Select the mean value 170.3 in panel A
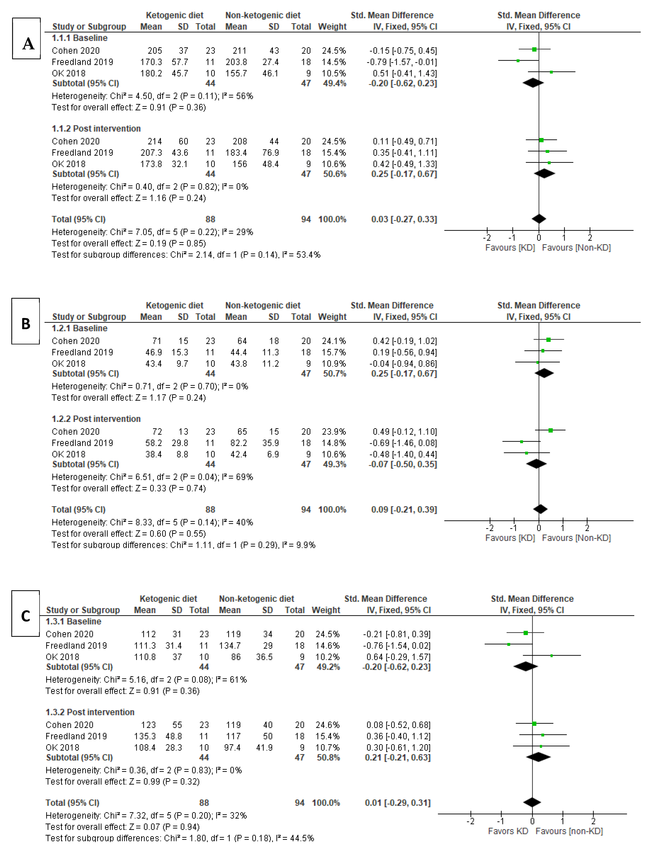point(151,62)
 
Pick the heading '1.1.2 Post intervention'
point(96,128)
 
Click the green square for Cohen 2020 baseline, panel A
point(534,50)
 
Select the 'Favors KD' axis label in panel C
point(508,831)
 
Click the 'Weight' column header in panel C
point(326,610)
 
